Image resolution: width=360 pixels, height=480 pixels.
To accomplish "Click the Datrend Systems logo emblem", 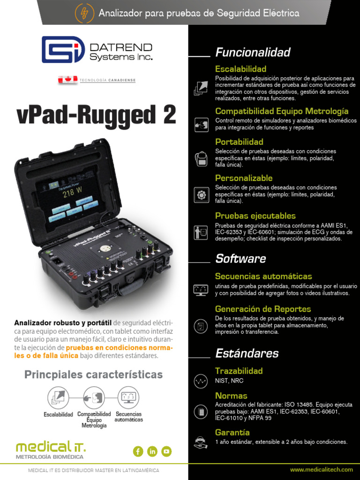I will tap(63, 50).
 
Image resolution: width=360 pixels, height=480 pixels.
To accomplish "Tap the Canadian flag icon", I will tap(67, 80).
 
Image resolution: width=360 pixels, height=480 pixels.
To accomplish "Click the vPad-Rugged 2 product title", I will tap(96, 115).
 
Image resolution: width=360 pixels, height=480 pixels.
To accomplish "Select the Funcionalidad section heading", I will tap(253, 52).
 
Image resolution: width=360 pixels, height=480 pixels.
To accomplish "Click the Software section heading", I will tap(240, 258).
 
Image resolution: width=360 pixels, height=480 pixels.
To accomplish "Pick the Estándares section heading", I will tap(247, 353).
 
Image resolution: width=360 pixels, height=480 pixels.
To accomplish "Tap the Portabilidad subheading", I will tap(239, 142).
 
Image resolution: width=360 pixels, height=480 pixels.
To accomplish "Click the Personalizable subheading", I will tap(243, 178).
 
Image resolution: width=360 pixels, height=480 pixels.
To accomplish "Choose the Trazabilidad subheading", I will tap(239, 371).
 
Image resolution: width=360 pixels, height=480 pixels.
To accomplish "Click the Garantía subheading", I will tap(232, 432).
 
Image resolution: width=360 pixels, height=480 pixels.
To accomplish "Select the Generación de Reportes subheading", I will tap(262, 309).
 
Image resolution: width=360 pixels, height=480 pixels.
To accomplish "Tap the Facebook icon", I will tap(138, 451).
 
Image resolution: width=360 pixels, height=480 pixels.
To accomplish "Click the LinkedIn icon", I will tap(152, 451).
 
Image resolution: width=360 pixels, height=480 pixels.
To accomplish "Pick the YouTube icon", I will tap(166, 451).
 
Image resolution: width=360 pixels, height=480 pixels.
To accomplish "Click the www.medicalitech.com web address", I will tap(321, 470).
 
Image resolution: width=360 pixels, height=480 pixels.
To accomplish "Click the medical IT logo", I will tap(51, 449).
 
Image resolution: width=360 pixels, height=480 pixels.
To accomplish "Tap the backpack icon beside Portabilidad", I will tap(201, 158).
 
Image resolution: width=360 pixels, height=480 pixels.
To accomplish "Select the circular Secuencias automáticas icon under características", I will tap(128, 397).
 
